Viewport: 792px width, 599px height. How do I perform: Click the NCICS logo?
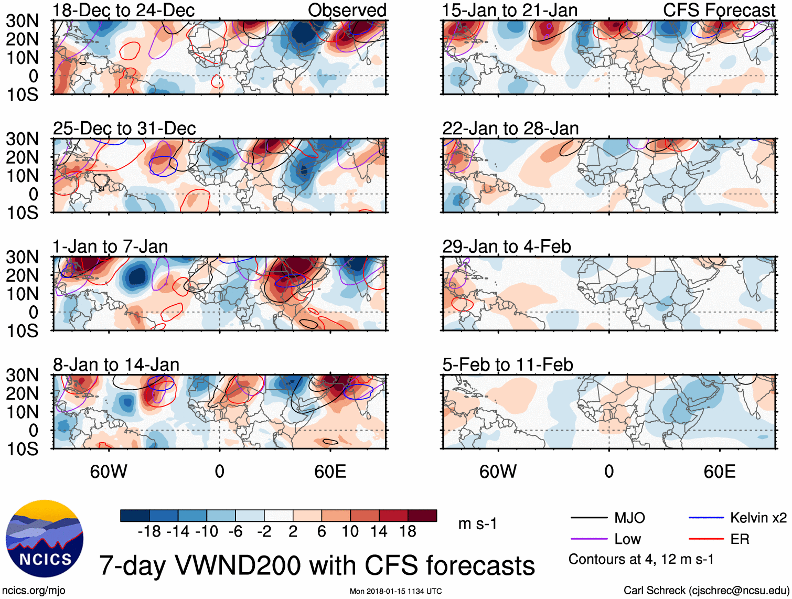[45, 539]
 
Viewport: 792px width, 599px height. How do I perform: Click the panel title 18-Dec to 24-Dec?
[124, 10]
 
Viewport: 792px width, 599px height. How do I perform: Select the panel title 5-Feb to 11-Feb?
[507, 365]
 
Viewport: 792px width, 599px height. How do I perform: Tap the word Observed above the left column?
[347, 10]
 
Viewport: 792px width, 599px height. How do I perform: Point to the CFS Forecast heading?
[719, 10]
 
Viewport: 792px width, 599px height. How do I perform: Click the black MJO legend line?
[588, 518]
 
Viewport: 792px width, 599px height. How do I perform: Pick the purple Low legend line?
[588, 539]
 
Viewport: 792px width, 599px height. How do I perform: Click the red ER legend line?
[706, 539]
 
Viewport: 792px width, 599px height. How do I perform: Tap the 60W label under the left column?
[109, 472]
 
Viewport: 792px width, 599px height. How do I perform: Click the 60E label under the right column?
[719, 472]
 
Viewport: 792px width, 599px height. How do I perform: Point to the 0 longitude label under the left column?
[219, 472]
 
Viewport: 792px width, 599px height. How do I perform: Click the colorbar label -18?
[149, 531]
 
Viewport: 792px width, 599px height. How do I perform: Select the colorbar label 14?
[379, 531]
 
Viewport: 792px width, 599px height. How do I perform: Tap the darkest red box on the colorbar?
[422, 516]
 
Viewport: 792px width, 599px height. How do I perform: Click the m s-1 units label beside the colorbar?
[477, 523]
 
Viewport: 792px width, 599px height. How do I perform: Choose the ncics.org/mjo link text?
[34, 591]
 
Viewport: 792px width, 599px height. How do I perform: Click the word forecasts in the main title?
[480, 566]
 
